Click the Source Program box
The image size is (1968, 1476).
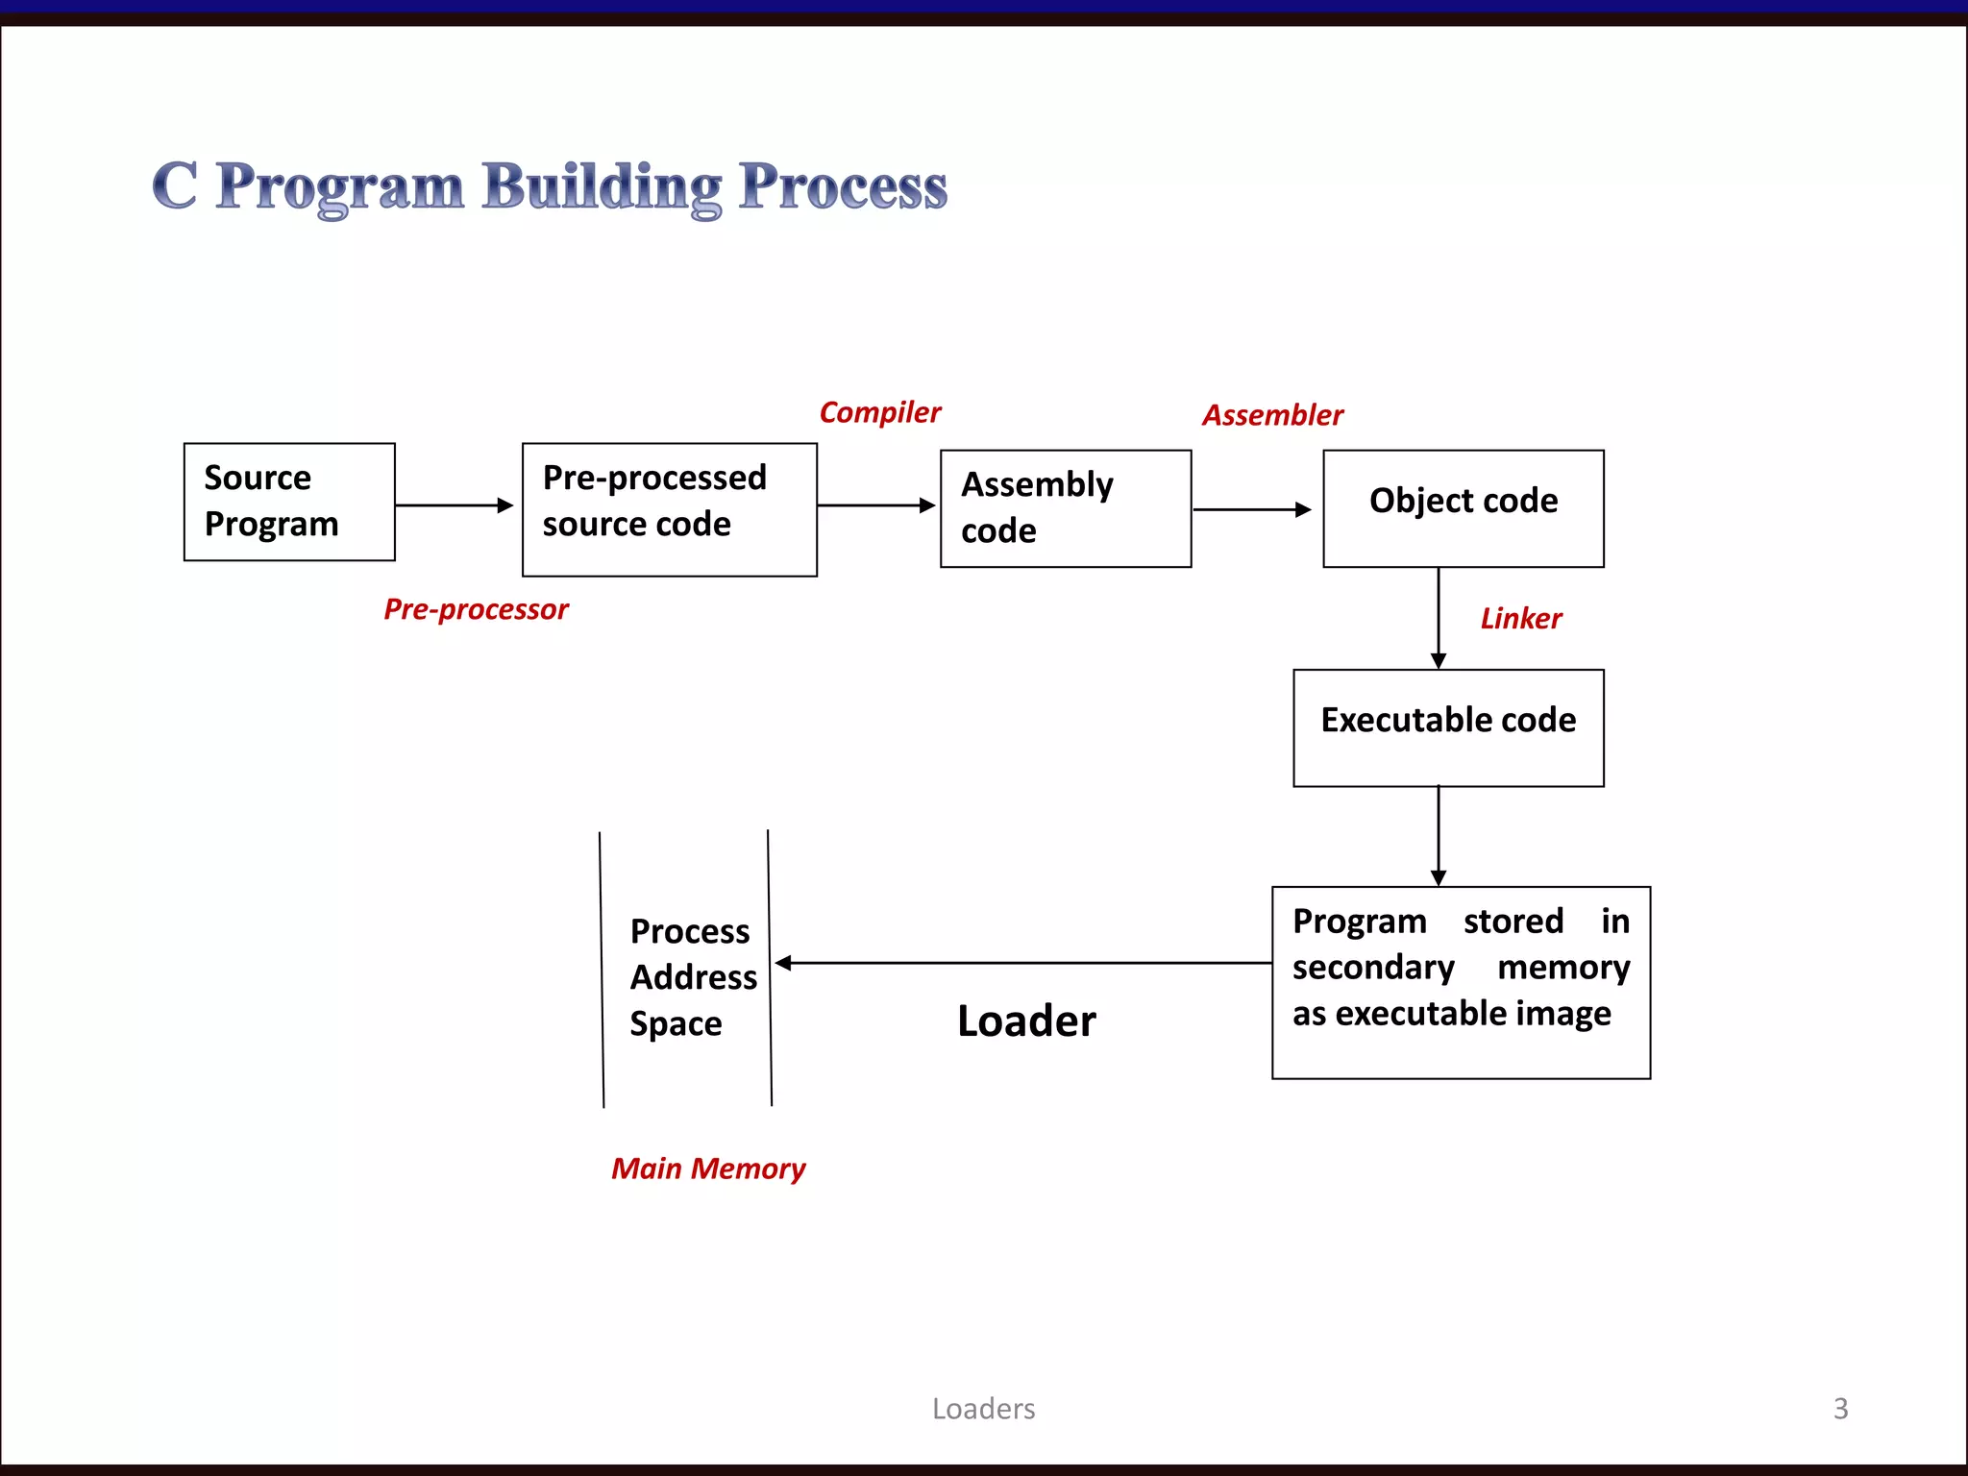pos(288,502)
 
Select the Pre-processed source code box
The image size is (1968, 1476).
pos(669,509)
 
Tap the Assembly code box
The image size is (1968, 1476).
pos(1065,508)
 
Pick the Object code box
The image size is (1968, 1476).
pos(1463,508)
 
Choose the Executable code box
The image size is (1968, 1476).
pos(1447,727)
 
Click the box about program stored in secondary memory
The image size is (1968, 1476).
pos(1460,982)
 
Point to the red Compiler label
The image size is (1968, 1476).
pos(879,412)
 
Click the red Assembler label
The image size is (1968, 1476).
pos(1272,415)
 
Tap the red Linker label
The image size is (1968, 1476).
pos(1520,619)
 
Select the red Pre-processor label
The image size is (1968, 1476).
pos(476,609)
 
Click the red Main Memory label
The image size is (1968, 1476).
pos(708,1168)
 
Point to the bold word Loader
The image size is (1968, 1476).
pos(1026,1021)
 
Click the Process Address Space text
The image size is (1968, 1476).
pos(692,977)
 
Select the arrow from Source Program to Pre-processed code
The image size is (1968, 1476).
pos(454,504)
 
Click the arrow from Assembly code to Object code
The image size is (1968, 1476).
pos(1251,509)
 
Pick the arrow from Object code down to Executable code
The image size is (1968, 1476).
pos(1438,618)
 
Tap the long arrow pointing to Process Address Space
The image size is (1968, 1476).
pos(1022,962)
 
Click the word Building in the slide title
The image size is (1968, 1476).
pos(602,186)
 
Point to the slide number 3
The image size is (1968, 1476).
pos(1840,1409)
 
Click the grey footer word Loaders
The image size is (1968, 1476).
pos(983,1409)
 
